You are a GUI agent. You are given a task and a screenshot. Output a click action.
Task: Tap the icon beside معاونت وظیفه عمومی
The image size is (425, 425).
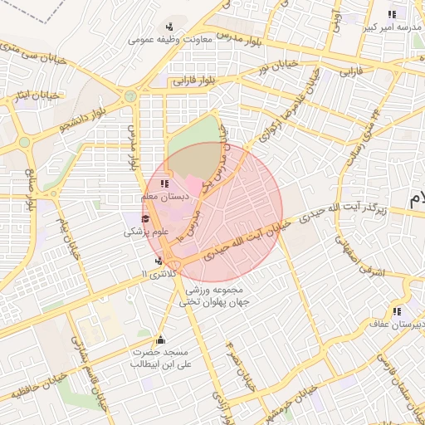pos(170,27)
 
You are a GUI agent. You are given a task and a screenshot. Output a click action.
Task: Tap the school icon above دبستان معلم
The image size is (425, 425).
pos(164,183)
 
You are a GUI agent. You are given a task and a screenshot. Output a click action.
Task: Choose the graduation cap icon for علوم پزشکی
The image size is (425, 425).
pos(145,219)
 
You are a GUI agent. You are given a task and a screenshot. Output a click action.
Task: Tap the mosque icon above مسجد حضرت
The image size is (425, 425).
pos(160,340)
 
